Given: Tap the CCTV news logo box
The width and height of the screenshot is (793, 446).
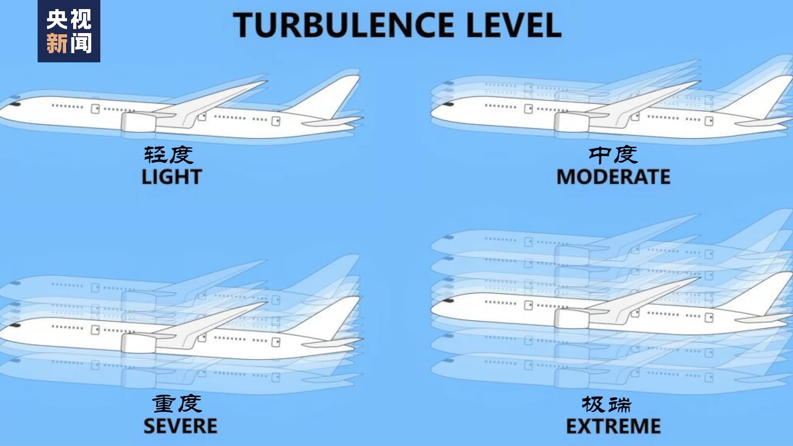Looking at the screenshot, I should [x=69, y=31].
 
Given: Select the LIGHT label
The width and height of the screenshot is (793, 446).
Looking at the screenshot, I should [x=172, y=177].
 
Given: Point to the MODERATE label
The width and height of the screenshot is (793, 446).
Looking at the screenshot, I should [x=613, y=177].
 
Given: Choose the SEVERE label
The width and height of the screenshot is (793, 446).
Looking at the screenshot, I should [x=180, y=426].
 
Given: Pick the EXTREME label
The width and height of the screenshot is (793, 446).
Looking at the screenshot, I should [x=613, y=426].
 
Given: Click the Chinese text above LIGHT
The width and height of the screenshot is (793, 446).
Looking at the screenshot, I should [x=169, y=155].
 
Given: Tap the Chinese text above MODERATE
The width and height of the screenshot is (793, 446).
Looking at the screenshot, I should [x=613, y=155].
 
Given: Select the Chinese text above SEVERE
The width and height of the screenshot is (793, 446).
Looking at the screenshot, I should [x=177, y=403].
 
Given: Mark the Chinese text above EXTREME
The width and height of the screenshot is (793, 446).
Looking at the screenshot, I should [x=607, y=404].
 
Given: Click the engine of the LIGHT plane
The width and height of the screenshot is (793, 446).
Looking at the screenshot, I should [x=138, y=122].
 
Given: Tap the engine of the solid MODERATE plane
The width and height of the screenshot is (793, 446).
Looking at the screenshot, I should [x=572, y=122].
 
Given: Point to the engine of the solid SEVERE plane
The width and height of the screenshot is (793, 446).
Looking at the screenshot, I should [x=138, y=344].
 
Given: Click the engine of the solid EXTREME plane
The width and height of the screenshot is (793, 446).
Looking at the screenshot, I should [x=572, y=319].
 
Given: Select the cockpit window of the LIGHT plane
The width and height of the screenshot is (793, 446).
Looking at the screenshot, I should [x=16, y=104].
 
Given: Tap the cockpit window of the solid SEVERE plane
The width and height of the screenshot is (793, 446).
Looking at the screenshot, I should [x=16, y=325].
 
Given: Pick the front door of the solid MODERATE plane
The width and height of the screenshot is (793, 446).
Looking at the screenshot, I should [x=528, y=109].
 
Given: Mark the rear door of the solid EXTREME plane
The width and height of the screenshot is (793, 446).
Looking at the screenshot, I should [x=709, y=318].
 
